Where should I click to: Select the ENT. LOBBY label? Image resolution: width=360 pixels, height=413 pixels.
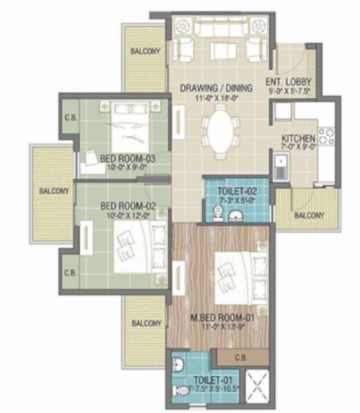click(x=293, y=81)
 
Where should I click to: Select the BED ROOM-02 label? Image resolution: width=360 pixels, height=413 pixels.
click(x=126, y=206)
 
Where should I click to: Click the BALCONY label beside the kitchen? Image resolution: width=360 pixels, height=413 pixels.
click(x=310, y=215)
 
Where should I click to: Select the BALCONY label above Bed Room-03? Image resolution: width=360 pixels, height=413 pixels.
click(x=146, y=51)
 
